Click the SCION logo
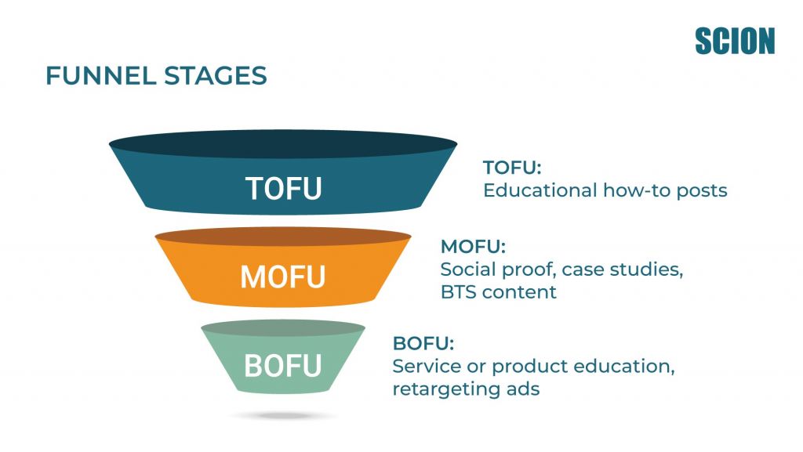[x=734, y=41]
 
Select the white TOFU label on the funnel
[x=283, y=188]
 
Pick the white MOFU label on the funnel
[x=282, y=277]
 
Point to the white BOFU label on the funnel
[x=282, y=365]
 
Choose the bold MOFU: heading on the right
[x=472, y=247]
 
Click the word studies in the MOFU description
[x=652, y=270]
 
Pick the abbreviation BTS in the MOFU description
[x=457, y=292]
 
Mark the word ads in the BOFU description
[x=521, y=389]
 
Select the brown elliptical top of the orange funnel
[x=283, y=237]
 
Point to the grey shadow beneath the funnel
[x=283, y=415]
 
